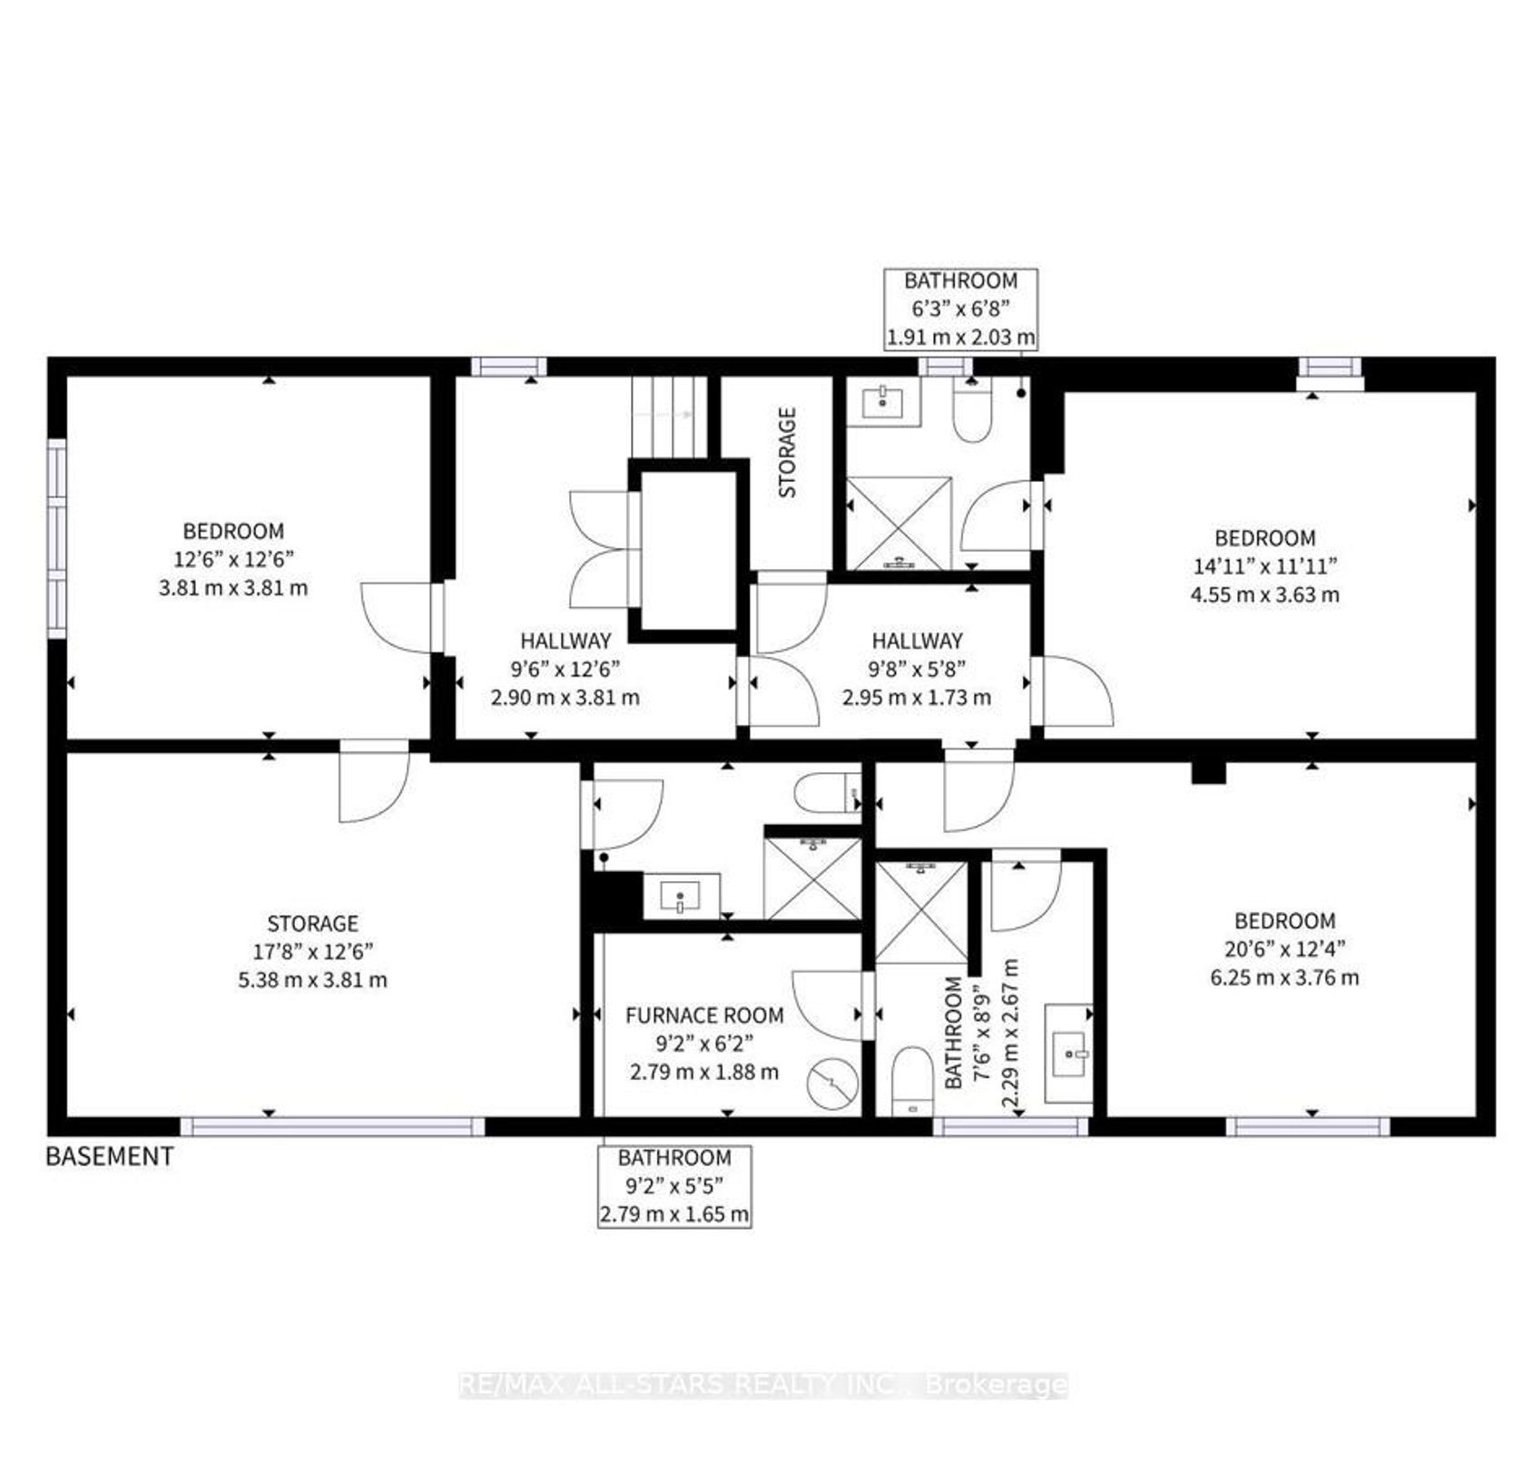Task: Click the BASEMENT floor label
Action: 110,1156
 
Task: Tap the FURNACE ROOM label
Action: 704,1015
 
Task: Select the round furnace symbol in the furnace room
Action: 832,1085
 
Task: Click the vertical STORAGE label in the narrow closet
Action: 787,452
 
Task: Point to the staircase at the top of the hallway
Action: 669,417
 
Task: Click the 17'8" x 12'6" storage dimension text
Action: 312,952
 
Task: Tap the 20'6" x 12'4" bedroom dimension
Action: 1284,949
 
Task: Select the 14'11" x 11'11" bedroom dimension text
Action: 1264,566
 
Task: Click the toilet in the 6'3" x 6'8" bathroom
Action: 972,409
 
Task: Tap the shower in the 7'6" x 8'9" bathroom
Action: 921,911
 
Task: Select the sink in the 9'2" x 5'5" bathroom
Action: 682,896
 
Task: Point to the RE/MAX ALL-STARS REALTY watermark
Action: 762,1385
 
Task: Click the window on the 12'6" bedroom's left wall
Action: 56,539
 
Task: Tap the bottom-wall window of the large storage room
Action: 332,1126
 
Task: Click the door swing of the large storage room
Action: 374,782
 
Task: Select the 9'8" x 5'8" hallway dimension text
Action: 917,669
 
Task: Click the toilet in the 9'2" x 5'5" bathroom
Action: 827,793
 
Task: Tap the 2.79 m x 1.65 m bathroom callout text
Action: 674,1213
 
